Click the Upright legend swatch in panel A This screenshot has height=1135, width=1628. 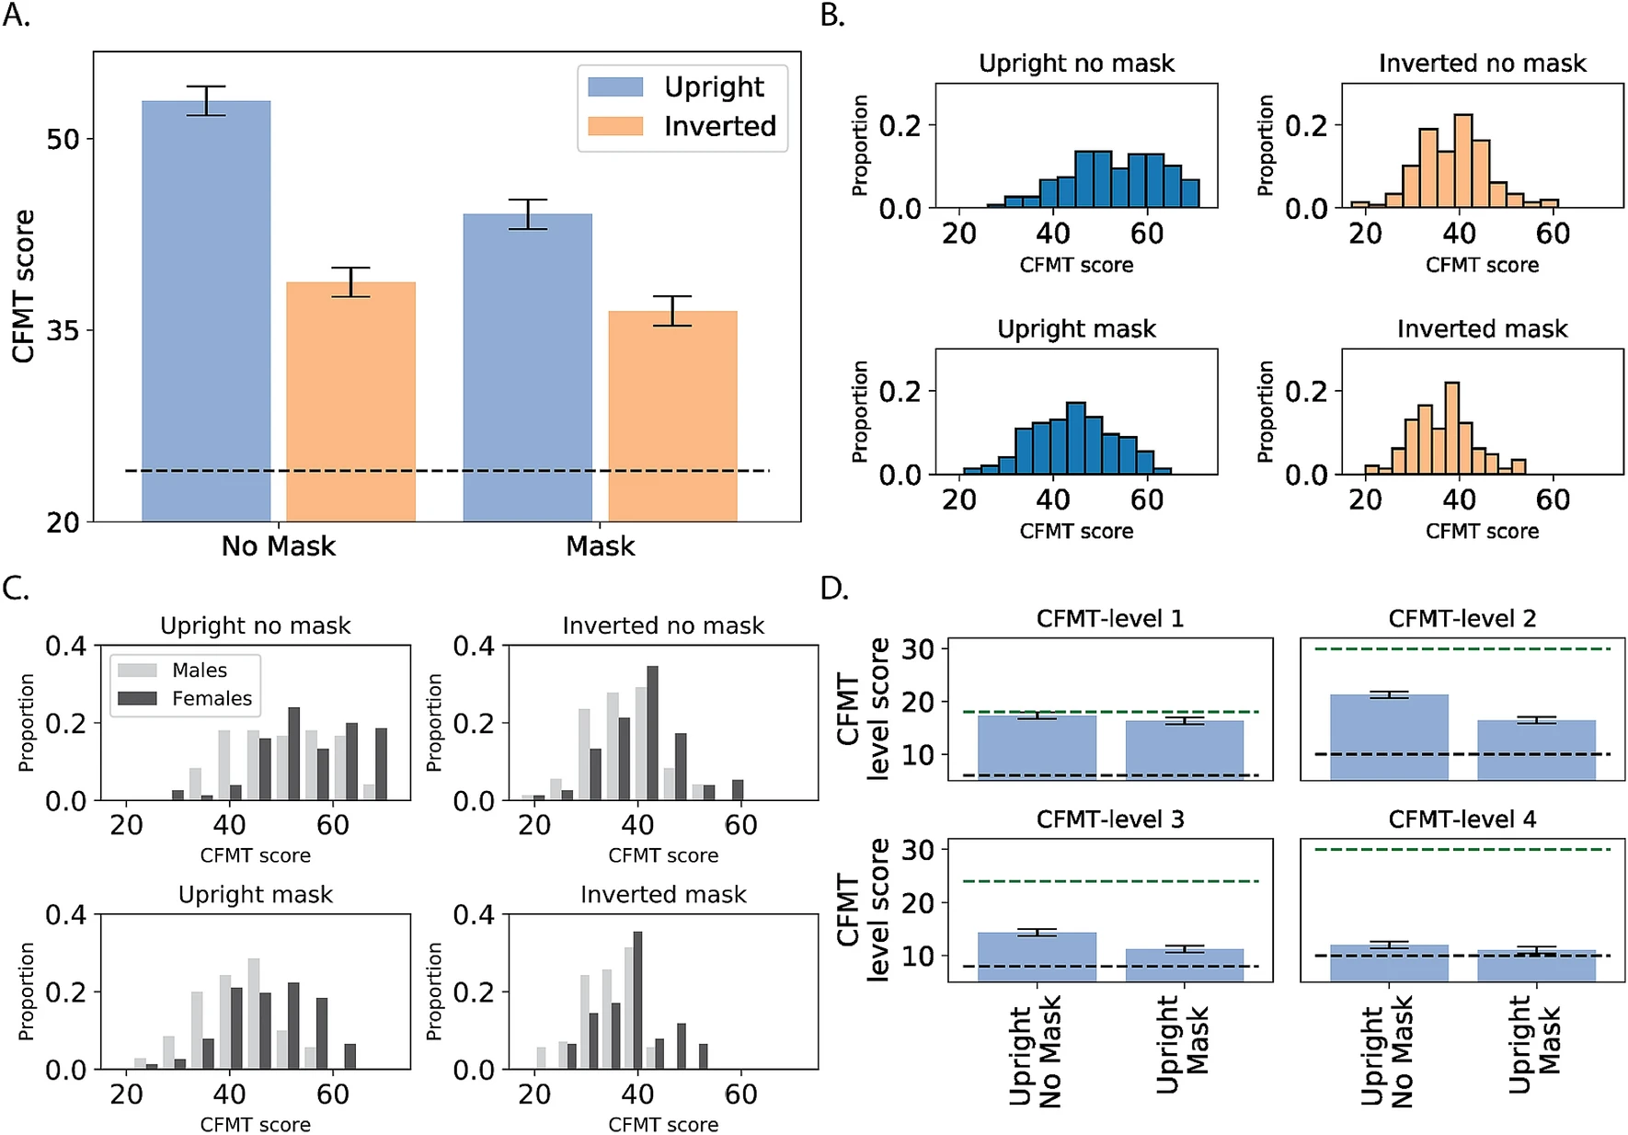coord(615,86)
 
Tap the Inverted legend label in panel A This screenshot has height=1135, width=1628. coord(720,126)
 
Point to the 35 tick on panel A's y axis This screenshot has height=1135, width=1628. coord(63,330)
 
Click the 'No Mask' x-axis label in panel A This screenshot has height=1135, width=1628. coord(278,546)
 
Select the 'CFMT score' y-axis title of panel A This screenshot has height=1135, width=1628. coord(23,286)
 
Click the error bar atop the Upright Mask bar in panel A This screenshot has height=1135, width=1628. coord(528,213)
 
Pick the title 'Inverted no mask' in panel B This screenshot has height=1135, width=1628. coord(1482,63)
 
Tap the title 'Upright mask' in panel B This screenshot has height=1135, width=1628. coord(1076,329)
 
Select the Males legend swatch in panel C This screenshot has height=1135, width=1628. coord(137,671)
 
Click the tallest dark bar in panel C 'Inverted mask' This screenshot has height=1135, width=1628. coord(637,1000)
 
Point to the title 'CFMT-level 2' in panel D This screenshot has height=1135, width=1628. coord(1462,619)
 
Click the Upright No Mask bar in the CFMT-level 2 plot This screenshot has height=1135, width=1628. coord(1389,737)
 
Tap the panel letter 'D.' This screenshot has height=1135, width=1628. coord(833,589)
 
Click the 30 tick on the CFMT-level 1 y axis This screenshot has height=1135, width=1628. coord(917,649)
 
